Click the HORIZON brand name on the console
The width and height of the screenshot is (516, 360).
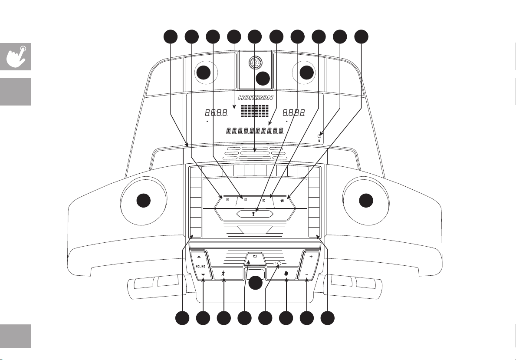coord(255,98)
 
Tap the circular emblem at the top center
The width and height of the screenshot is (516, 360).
coord(255,63)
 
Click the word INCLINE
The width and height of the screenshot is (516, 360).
coord(200,267)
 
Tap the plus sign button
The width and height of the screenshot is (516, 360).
coord(311,257)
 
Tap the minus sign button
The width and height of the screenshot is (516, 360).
coord(307,275)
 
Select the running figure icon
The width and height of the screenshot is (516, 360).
coord(224,273)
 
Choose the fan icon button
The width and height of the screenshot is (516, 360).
coord(282,200)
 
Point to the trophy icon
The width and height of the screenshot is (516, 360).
coord(253,214)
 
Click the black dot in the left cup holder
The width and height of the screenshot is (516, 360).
coord(144,201)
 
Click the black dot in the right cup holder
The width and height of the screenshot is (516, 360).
coord(366,201)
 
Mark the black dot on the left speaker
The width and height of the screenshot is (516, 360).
coord(203,73)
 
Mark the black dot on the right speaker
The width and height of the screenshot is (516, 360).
coord(307,73)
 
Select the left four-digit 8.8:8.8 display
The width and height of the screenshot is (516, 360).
coord(217,113)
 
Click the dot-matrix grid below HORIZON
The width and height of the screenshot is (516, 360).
coord(254,111)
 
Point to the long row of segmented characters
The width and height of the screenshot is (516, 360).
coord(255,131)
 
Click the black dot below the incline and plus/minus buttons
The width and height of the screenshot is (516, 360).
coord(255,283)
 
